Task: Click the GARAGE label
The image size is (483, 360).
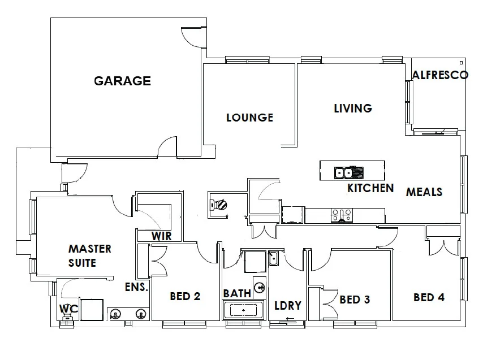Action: coord(122,81)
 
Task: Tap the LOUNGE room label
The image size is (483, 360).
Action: coord(249,118)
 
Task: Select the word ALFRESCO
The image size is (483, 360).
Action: coord(440,75)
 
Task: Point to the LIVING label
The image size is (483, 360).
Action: coord(353,108)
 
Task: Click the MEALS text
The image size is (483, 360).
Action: coord(424,192)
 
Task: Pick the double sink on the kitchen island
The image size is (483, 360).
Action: coord(343,172)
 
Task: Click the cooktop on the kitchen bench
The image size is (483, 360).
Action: coord(342,215)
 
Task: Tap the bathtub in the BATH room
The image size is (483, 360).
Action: coord(243,311)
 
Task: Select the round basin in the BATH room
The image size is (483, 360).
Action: coord(260,287)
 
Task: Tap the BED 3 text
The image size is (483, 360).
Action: coord(355,300)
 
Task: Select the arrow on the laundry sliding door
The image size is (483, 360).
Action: coord(290,320)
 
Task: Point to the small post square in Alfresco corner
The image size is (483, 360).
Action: coord(462,62)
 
